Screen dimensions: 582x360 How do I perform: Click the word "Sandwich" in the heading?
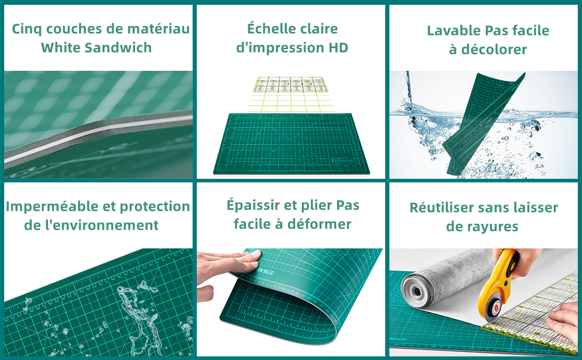(x=118, y=47)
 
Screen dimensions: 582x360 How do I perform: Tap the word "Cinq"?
(x=27, y=29)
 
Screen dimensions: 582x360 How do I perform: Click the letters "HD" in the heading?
(x=338, y=47)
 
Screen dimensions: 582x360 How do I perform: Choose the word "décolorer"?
(x=494, y=49)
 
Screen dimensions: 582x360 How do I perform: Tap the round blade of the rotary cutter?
(x=493, y=307)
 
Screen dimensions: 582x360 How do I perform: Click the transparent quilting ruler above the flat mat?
(x=290, y=85)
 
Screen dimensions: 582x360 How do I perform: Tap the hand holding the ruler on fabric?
(x=564, y=320)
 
